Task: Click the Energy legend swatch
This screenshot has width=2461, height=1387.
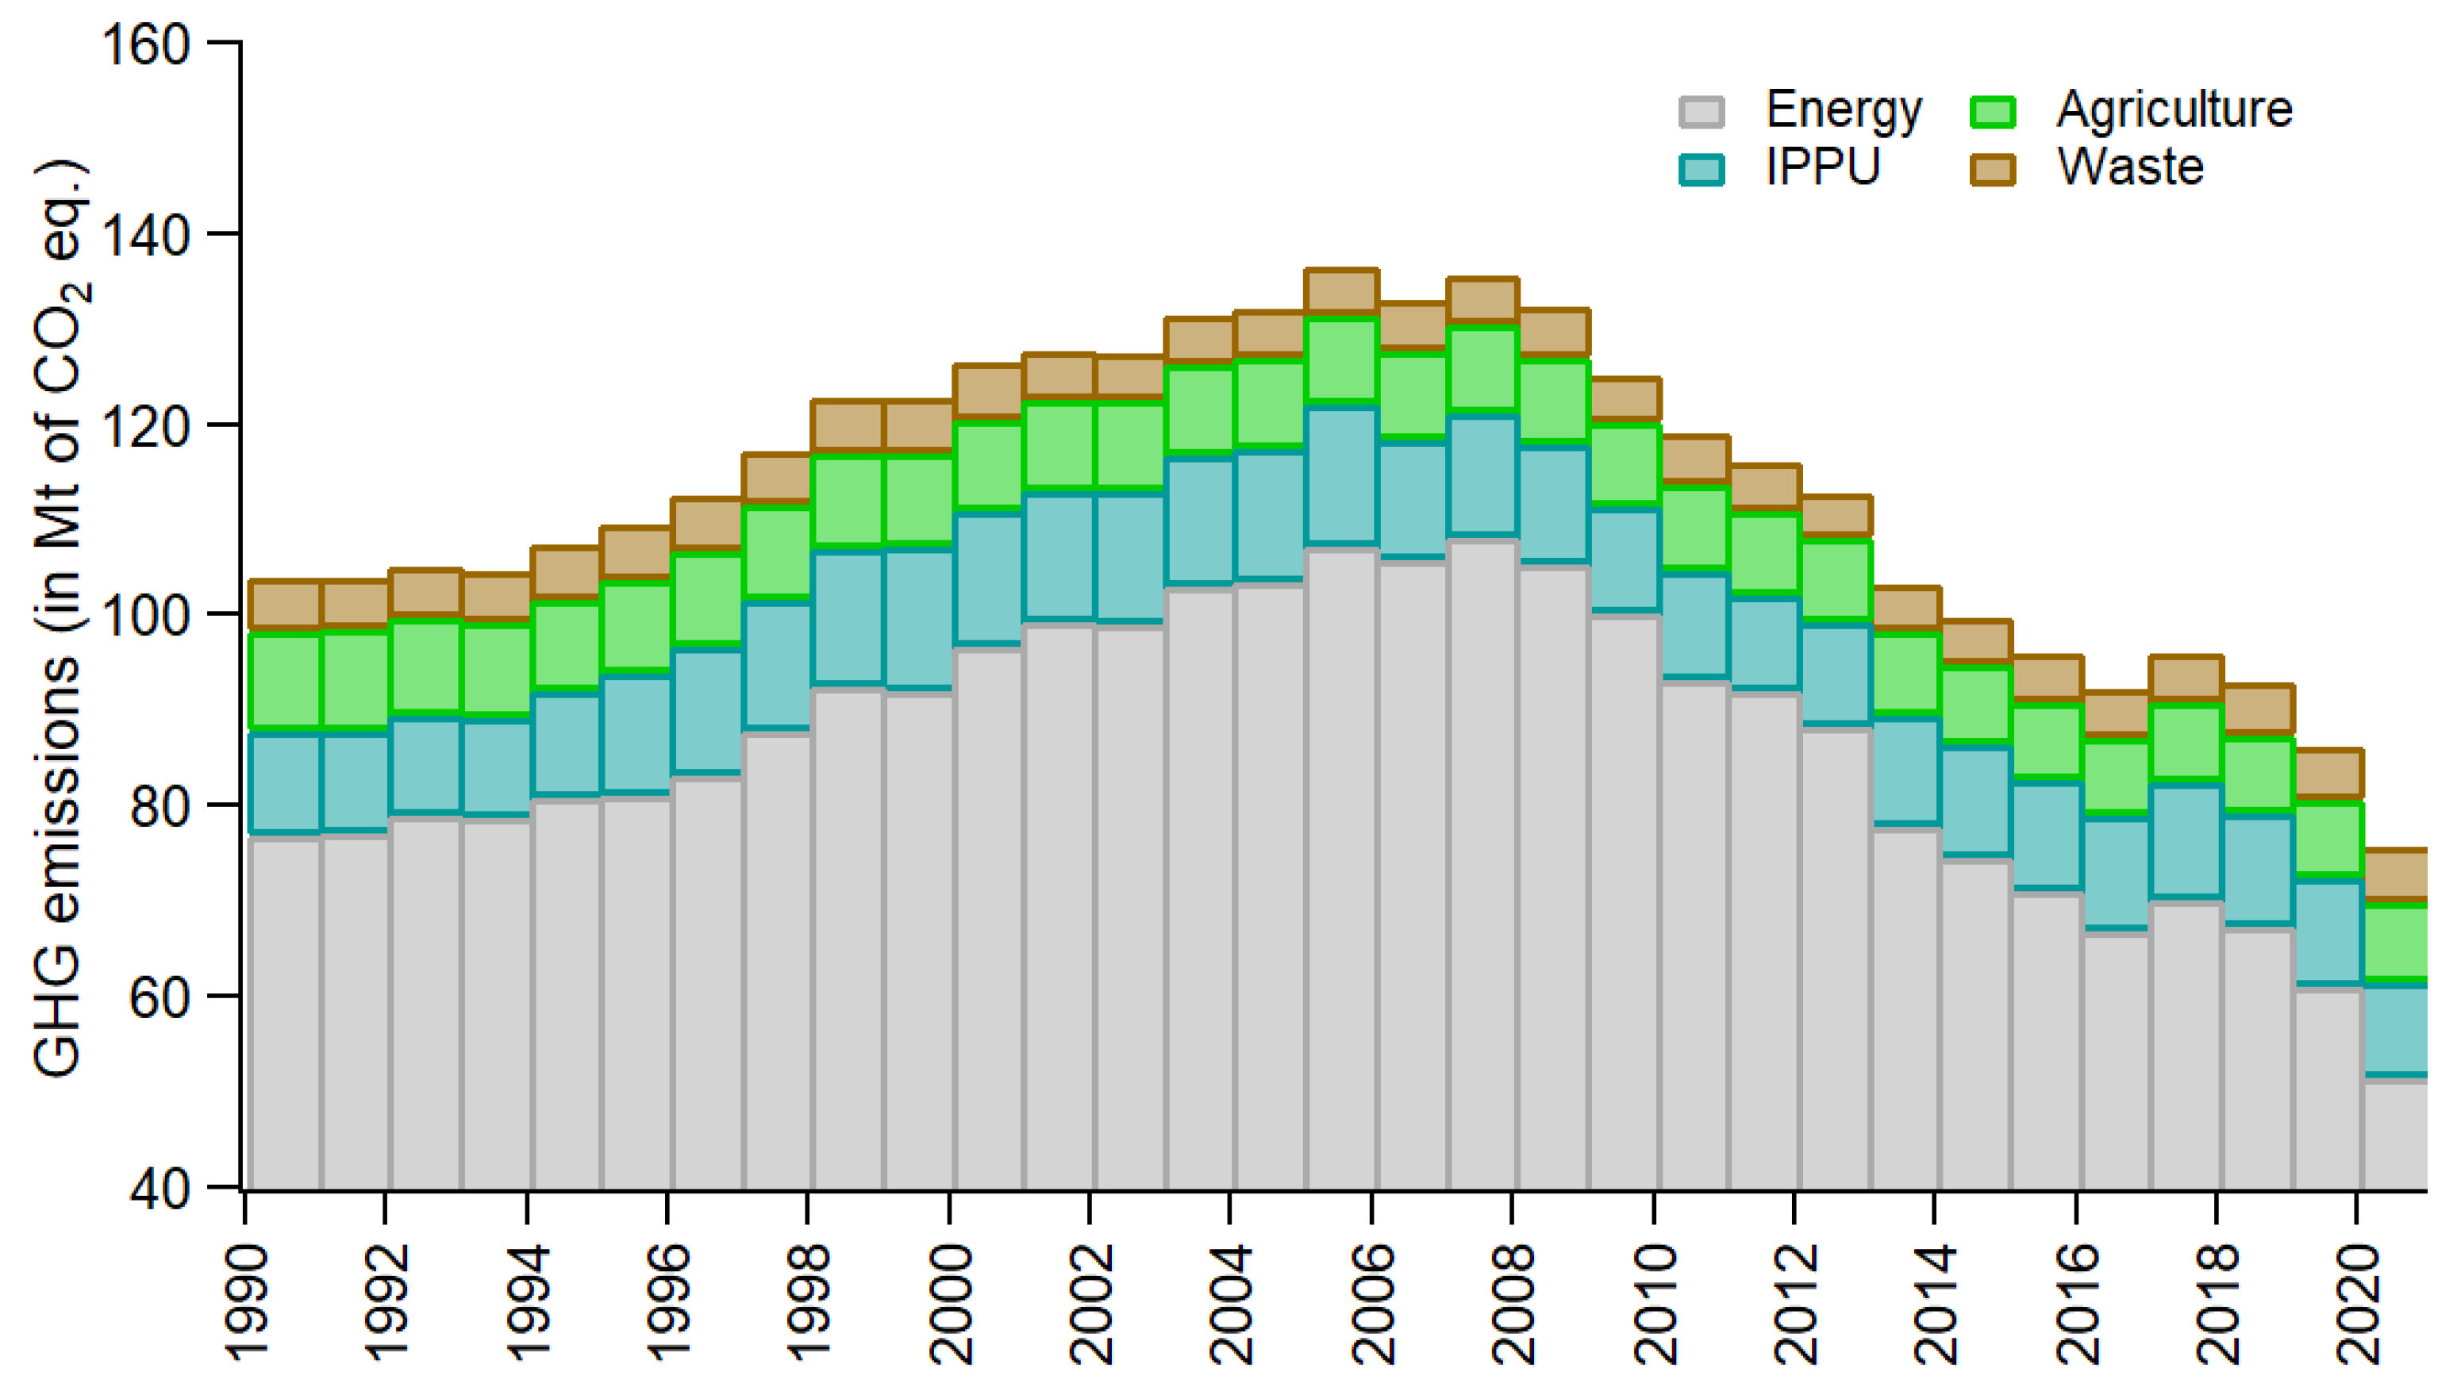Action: pyautogui.click(x=1701, y=112)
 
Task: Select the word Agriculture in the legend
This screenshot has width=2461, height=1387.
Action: pyautogui.click(x=2174, y=109)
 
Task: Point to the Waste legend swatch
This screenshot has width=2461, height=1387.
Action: pyautogui.click(x=1992, y=170)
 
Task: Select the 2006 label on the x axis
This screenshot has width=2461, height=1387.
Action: pyautogui.click(x=1374, y=1304)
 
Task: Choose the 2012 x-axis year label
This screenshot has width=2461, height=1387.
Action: pyautogui.click(x=1796, y=1304)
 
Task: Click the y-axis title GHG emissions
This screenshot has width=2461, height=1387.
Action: pyautogui.click(x=60, y=621)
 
